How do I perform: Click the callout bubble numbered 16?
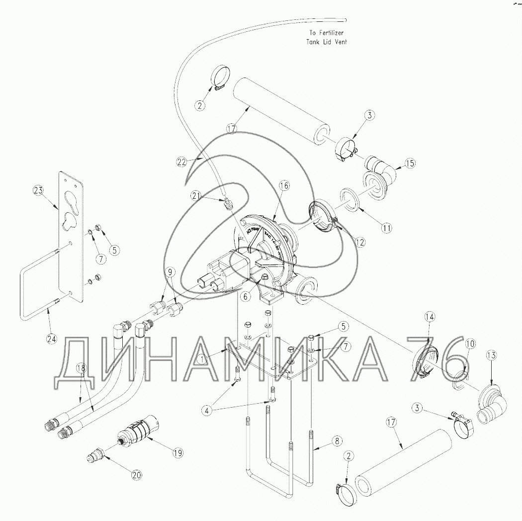(x=283, y=186)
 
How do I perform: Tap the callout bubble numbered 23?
(x=39, y=190)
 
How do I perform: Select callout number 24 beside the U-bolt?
(x=52, y=340)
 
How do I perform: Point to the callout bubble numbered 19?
(x=177, y=453)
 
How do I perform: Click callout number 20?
(x=136, y=475)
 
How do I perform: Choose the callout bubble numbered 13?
(x=492, y=355)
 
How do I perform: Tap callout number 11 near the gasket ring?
(x=387, y=228)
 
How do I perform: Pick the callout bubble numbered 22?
(x=182, y=162)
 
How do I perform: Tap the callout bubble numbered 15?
(x=411, y=163)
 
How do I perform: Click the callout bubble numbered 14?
(x=430, y=317)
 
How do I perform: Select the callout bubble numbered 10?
(x=470, y=343)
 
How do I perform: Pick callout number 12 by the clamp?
(x=360, y=242)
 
